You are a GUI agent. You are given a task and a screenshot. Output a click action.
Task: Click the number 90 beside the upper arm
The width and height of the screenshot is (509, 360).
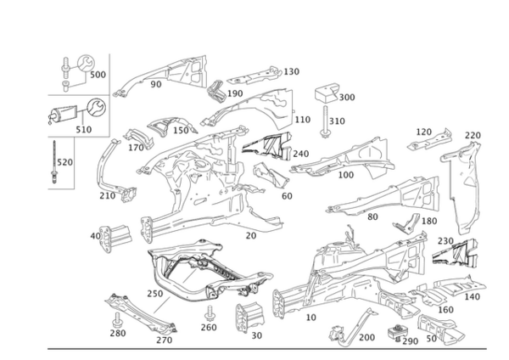click(x=156, y=85)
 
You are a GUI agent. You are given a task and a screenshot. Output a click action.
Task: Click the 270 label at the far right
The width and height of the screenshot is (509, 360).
click(x=473, y=135)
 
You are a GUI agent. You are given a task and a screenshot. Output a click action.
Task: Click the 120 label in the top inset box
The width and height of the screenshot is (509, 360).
click(x=95, y=75)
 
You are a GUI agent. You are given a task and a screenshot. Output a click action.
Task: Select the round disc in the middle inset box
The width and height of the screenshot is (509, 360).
click(x=95, y=110)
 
